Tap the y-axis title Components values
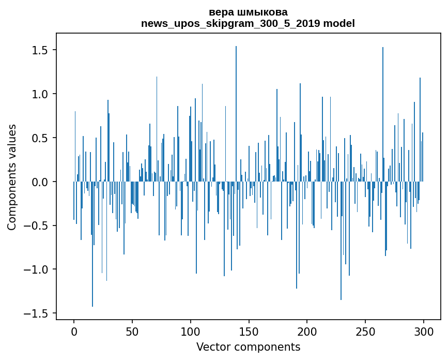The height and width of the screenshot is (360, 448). (x=12, y=177)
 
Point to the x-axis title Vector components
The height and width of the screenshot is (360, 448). (x=248, y=347)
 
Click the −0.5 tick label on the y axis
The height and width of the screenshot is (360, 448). (x=37, y=226)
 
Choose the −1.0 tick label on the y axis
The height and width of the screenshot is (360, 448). (x=37, y=269)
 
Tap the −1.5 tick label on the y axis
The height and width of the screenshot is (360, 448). (x=37, y=313)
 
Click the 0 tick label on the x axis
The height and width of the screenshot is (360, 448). (x=74, y=331)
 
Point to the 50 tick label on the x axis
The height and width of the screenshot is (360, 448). (x=132, y=331)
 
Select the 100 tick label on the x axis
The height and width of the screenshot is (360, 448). (x=191, y=331)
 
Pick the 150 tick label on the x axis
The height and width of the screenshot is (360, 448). (x=249, y=331)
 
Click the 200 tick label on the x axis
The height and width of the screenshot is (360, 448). (x=307, y=331)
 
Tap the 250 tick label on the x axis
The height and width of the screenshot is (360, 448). (x=365, y=331)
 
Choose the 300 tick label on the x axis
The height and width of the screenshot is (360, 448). (x=424, y=331)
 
